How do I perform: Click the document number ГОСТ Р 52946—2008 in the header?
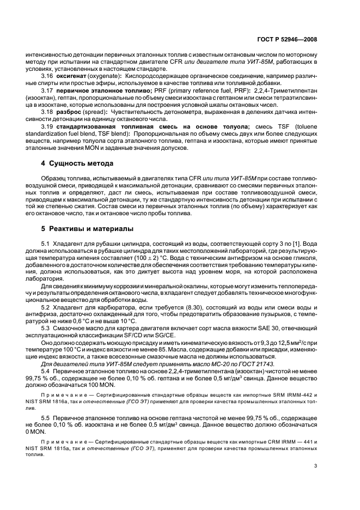[x=286, y=39]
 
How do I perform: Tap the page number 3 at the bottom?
[x=316, y=465]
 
